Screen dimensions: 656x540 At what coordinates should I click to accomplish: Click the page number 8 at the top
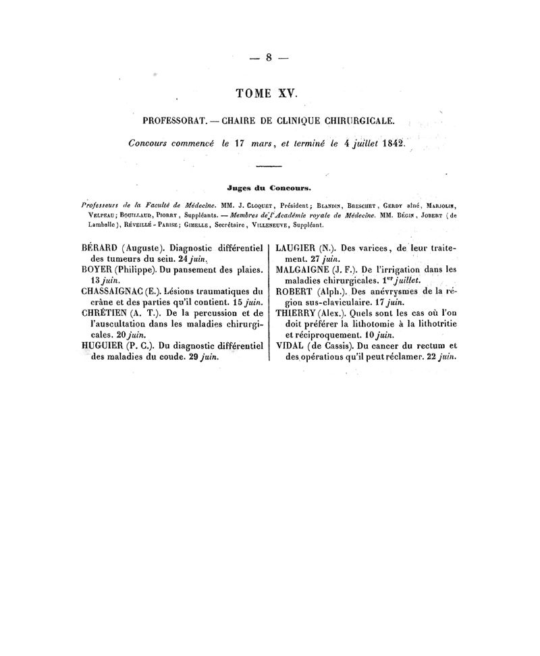[268, 57]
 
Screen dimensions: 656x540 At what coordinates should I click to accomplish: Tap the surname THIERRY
[299, 312]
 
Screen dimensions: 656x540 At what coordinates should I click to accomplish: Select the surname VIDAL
[293, 347]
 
